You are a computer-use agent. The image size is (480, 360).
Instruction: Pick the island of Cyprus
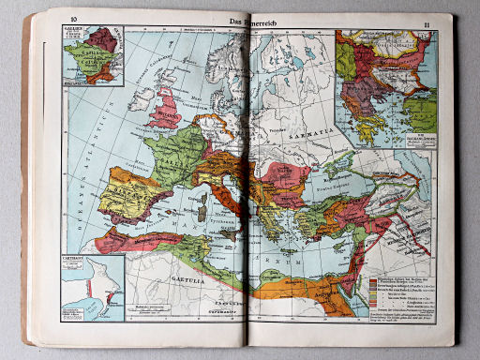coord(327,240)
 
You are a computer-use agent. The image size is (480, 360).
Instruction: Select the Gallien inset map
coord(89,58)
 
